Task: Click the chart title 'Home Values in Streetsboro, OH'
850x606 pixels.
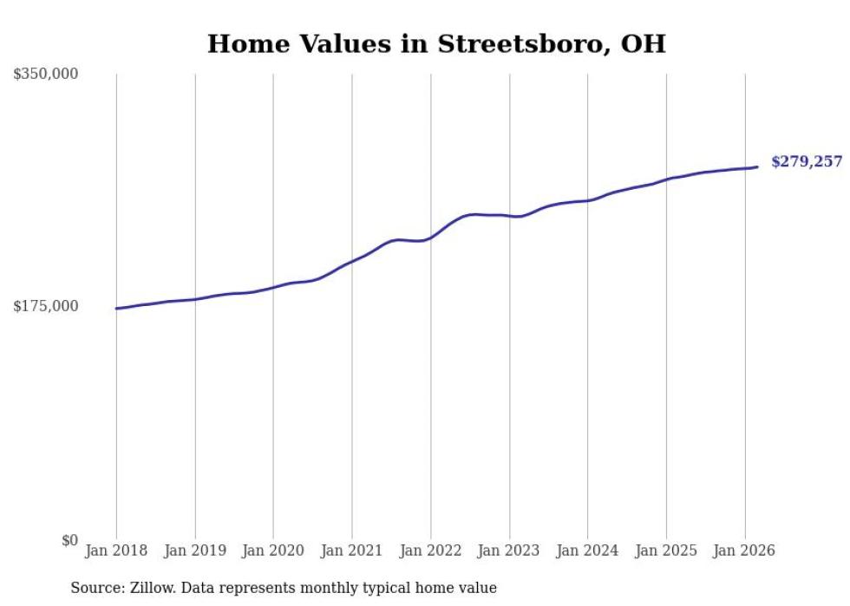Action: click(436, 43)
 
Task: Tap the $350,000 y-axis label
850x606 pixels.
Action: click(46, 75)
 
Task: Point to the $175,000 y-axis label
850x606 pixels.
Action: click(46, 306)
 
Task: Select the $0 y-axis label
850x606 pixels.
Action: click(69, 540)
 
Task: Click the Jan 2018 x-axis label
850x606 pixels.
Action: click(116, 551)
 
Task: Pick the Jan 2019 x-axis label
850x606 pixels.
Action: click(194, 551)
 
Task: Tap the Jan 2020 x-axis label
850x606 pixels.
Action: click(273, 551)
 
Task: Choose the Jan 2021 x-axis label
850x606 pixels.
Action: click(352, 551)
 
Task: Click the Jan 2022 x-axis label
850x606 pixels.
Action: click(430, 551)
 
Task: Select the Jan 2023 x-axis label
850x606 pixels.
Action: click(509, 551)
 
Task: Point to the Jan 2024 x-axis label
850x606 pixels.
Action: click(587, 551)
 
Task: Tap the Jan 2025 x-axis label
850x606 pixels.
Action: click(666, 551)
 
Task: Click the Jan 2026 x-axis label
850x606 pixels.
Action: click(744, 551)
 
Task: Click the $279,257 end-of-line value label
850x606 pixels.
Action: click(806, 162)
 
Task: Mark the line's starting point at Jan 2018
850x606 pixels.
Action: click(116, 309)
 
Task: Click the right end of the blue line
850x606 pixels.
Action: click(757, 167)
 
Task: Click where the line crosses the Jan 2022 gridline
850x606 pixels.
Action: click(430, 237)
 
